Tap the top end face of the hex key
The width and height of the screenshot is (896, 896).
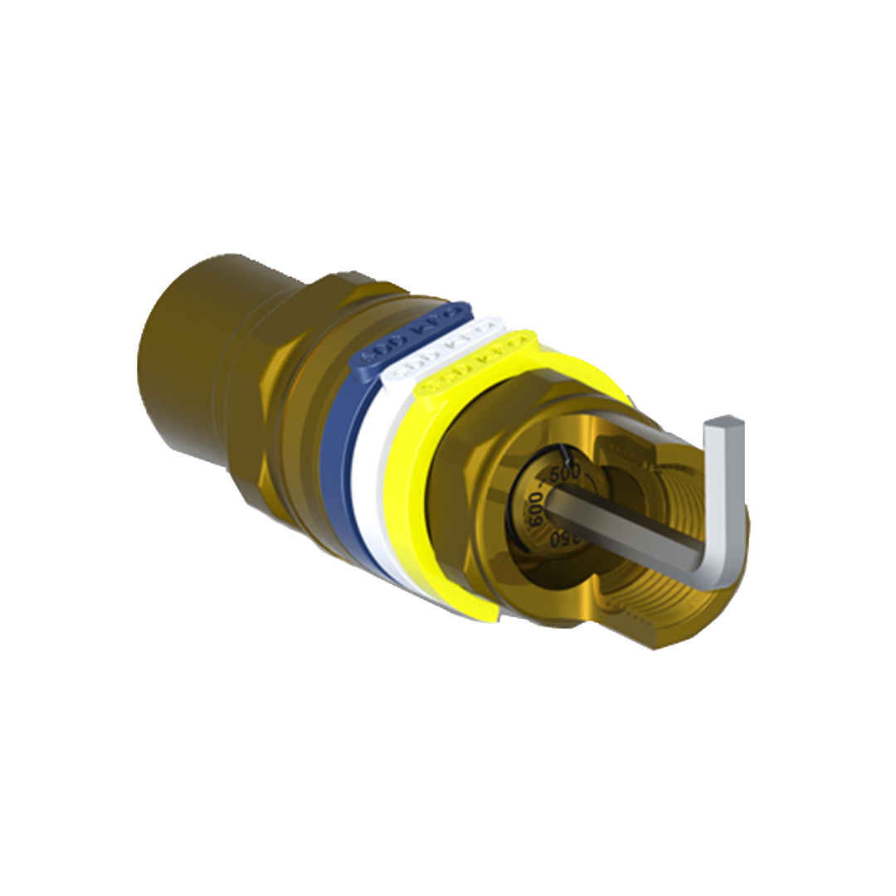point(723,424)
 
